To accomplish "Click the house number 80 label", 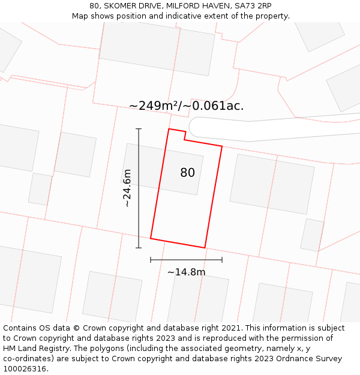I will [x=188, y=173].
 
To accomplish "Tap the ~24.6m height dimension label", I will [x=127, y=188].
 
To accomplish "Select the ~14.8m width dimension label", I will [x=186, y=272].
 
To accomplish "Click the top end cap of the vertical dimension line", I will [x=139, y=129].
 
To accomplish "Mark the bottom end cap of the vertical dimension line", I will [x=139, y=248].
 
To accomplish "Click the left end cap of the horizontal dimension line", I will [x=151, y=260].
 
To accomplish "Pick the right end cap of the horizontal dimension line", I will [x=222, y=260].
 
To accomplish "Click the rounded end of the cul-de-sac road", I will [x=194, y=127].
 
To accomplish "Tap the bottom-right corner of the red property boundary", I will [x=205, y=247].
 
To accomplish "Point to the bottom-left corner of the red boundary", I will [x=151, y=238].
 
